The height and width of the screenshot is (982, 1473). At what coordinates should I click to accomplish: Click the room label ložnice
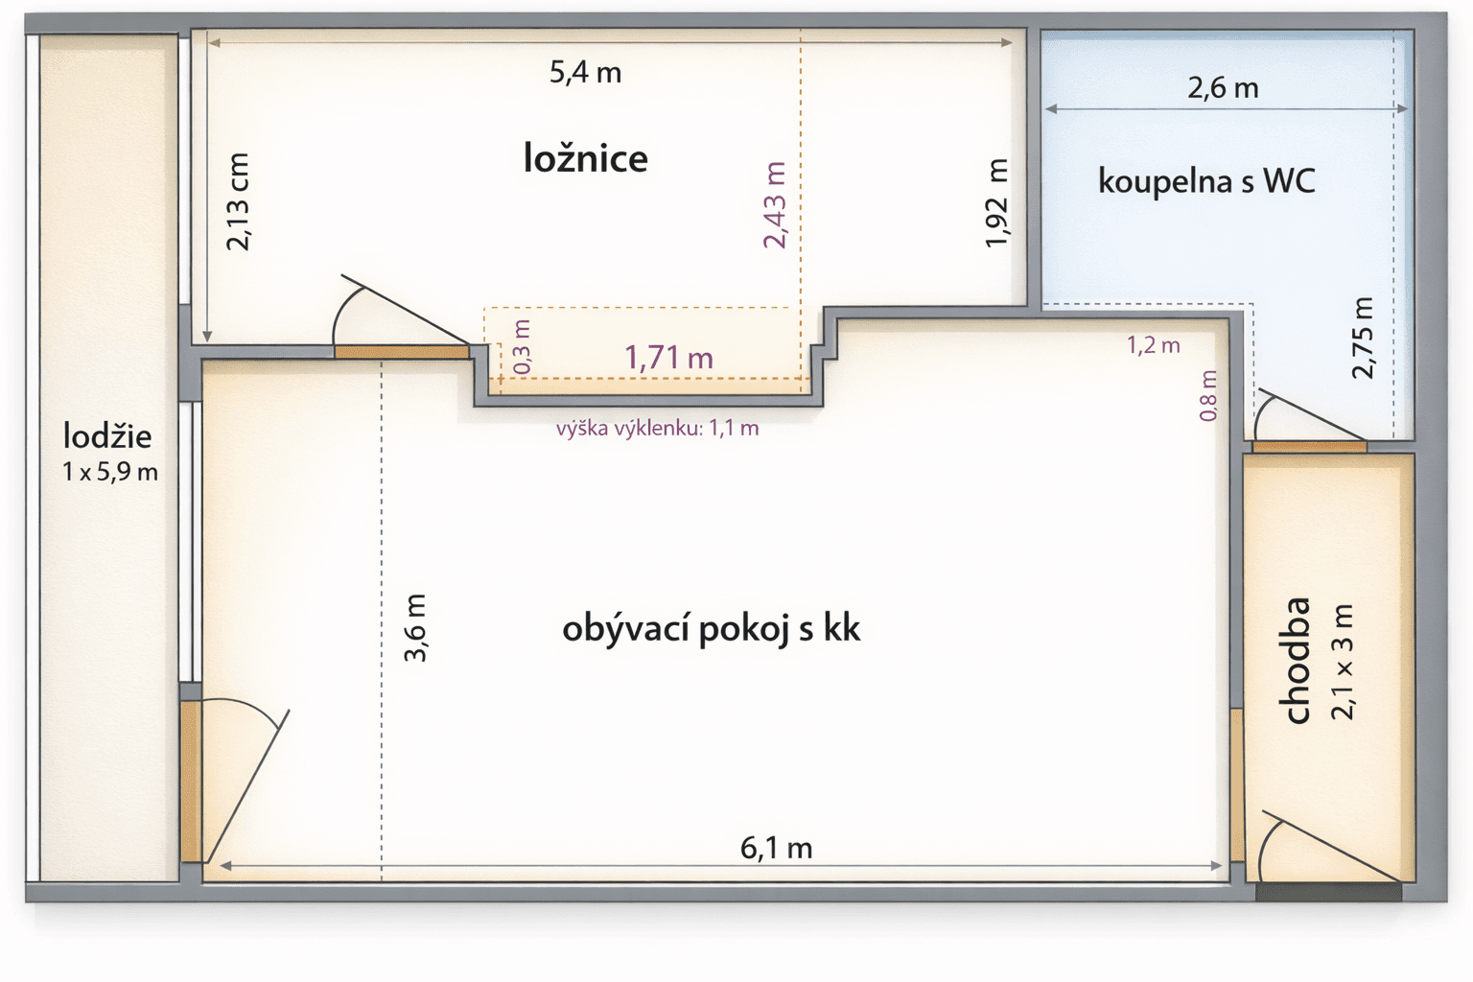[x=585, y=158]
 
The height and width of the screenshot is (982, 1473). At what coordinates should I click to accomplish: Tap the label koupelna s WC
[x=1206, y=180]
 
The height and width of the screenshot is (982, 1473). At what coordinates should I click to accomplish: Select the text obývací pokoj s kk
[x=711, y=629]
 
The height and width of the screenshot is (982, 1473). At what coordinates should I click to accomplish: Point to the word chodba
[x=1296, y=661]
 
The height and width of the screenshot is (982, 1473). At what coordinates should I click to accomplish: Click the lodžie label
[x=107, y=436]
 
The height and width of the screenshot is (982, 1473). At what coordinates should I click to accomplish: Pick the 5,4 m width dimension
[x=585, y=72]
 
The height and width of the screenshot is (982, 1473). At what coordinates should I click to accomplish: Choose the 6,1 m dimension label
[x=776, y=848]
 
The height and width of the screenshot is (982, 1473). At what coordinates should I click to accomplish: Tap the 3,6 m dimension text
[x=415, y=628]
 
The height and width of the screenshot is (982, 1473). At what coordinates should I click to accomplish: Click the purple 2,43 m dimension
[x=775, y=205]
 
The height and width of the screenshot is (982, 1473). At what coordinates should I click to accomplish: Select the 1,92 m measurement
[x=997, y=203]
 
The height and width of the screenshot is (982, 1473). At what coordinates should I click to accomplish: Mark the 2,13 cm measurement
[x=237, y=202]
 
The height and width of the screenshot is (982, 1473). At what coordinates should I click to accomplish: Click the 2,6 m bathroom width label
[x=1223, y=88]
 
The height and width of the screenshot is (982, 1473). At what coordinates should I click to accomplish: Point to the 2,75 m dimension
[x=1363, y=338]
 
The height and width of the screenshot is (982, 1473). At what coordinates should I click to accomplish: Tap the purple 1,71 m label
[x=668, y=358]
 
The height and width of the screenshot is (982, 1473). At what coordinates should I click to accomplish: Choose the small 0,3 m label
[x=522, y=347]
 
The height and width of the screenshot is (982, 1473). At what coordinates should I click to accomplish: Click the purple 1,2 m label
[x=1153, y=345]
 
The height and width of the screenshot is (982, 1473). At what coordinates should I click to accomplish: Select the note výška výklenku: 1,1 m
[x=657, y=429]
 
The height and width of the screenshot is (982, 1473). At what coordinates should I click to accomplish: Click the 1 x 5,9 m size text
[x=110, y=472]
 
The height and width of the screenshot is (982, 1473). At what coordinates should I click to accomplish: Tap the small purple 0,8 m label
[x=1208, y=396]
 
